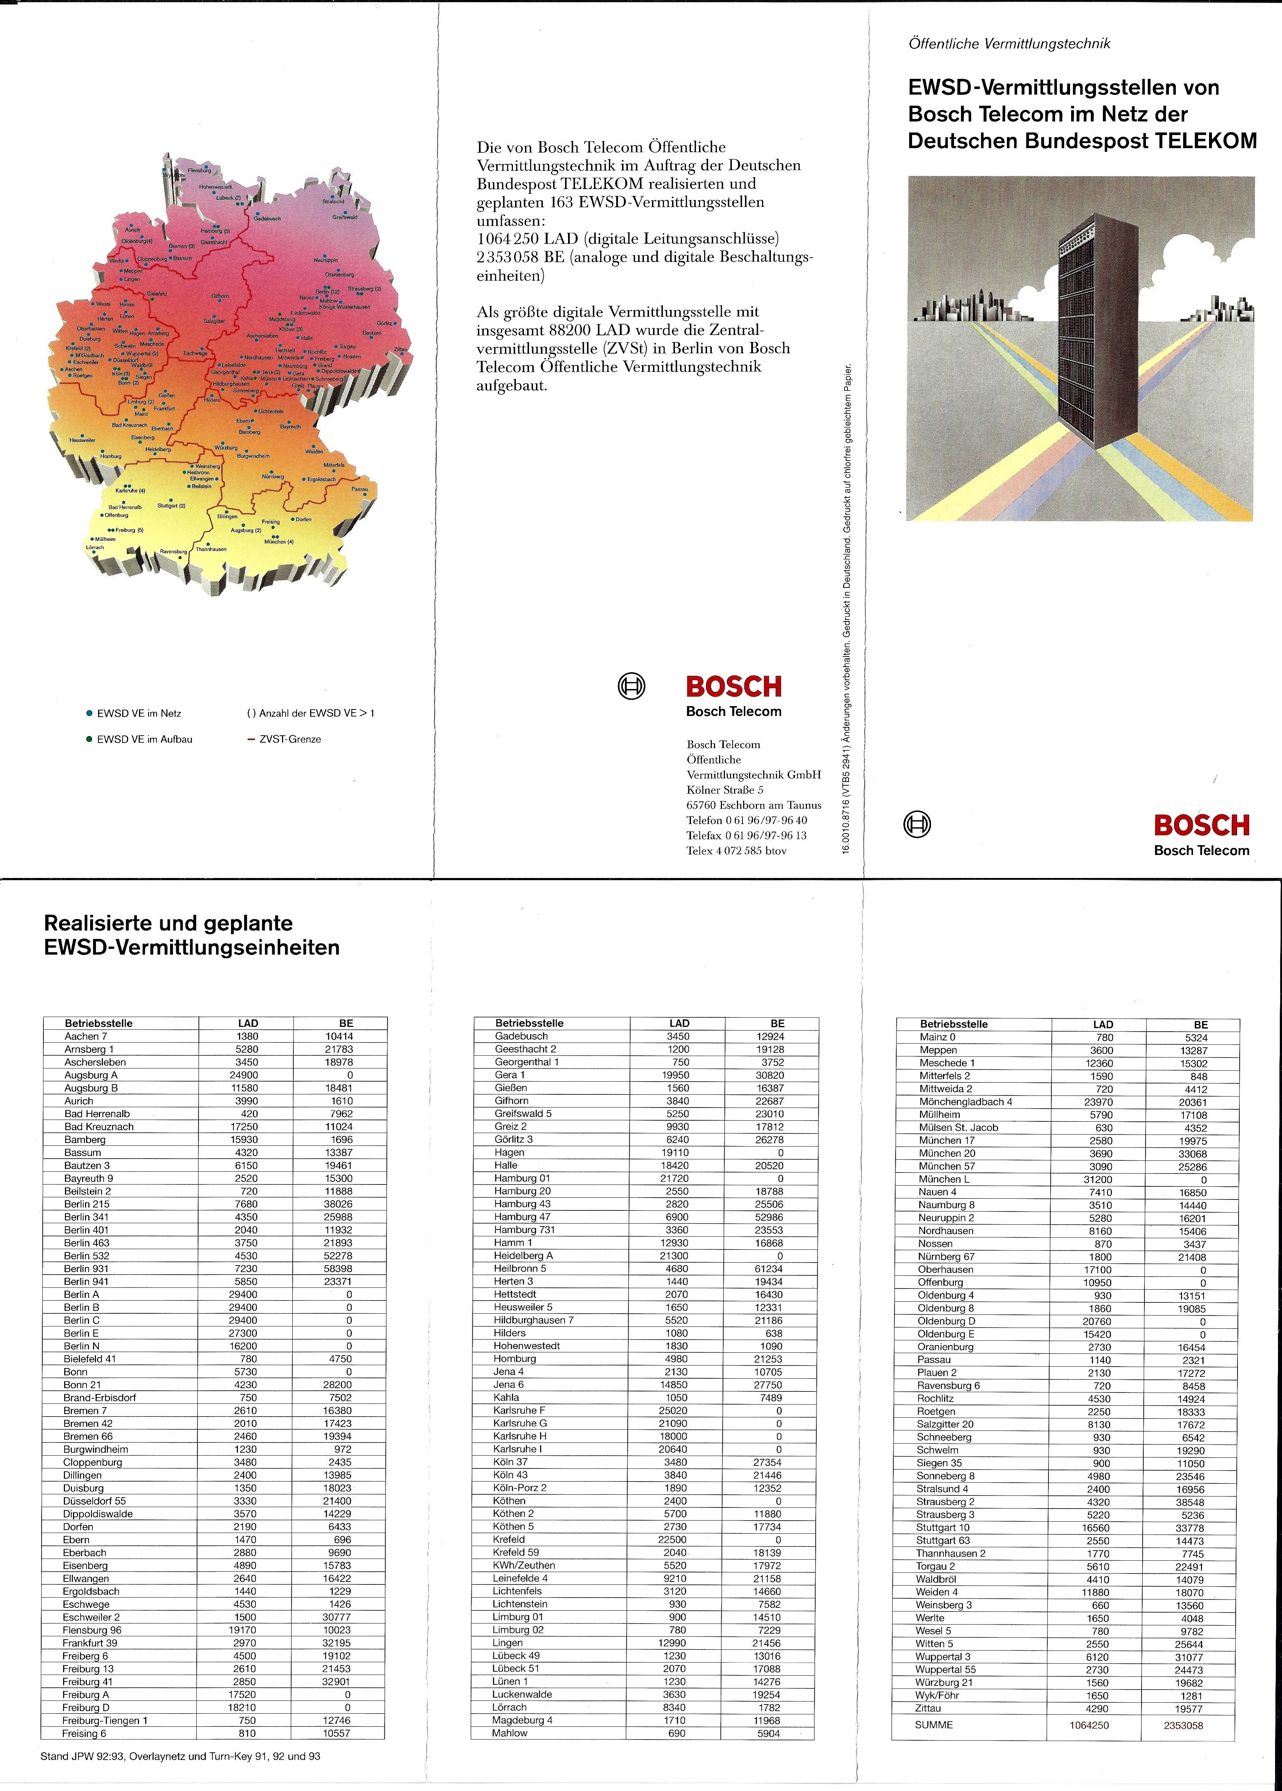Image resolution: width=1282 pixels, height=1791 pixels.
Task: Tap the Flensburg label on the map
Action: coord(199,170)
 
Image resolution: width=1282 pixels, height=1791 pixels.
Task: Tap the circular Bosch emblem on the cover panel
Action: coord(916,824)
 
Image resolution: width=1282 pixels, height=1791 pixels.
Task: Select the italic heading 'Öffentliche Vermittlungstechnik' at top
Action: coord(1009,44)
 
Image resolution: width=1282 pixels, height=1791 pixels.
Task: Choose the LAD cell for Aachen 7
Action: coord(247,1036)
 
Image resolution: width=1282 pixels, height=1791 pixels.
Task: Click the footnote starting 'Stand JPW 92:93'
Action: coord(180,1756)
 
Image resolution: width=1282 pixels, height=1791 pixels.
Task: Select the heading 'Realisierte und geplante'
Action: coord(168,923)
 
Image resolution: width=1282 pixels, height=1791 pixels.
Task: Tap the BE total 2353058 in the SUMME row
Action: coord(1182,1725)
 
